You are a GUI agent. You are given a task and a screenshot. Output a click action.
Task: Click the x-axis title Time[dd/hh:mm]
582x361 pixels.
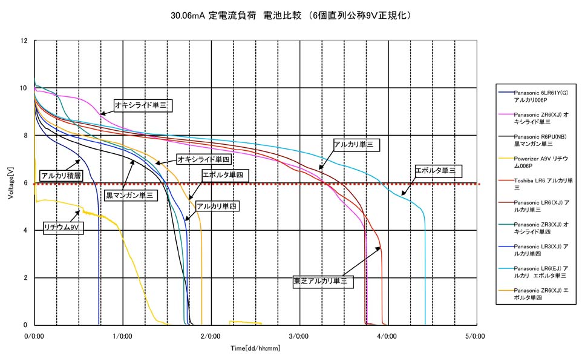(255, 348)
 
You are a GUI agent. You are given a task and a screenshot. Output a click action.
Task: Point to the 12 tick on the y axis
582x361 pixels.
(24, 41)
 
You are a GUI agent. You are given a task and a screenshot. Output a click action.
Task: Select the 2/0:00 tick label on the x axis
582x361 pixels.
(211, 336)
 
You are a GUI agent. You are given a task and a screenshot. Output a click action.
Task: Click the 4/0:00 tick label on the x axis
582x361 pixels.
(387, 336)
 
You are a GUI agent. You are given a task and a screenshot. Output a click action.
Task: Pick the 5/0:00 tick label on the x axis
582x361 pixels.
(476, 336)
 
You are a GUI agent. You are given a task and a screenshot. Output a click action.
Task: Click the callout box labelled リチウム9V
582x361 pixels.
(62, 227)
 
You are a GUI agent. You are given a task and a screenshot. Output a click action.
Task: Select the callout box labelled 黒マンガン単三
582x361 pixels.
(129, 196)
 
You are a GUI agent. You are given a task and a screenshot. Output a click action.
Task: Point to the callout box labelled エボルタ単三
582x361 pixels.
(439, 171)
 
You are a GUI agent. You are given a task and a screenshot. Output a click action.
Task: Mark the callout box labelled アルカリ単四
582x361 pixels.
(217, 207)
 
